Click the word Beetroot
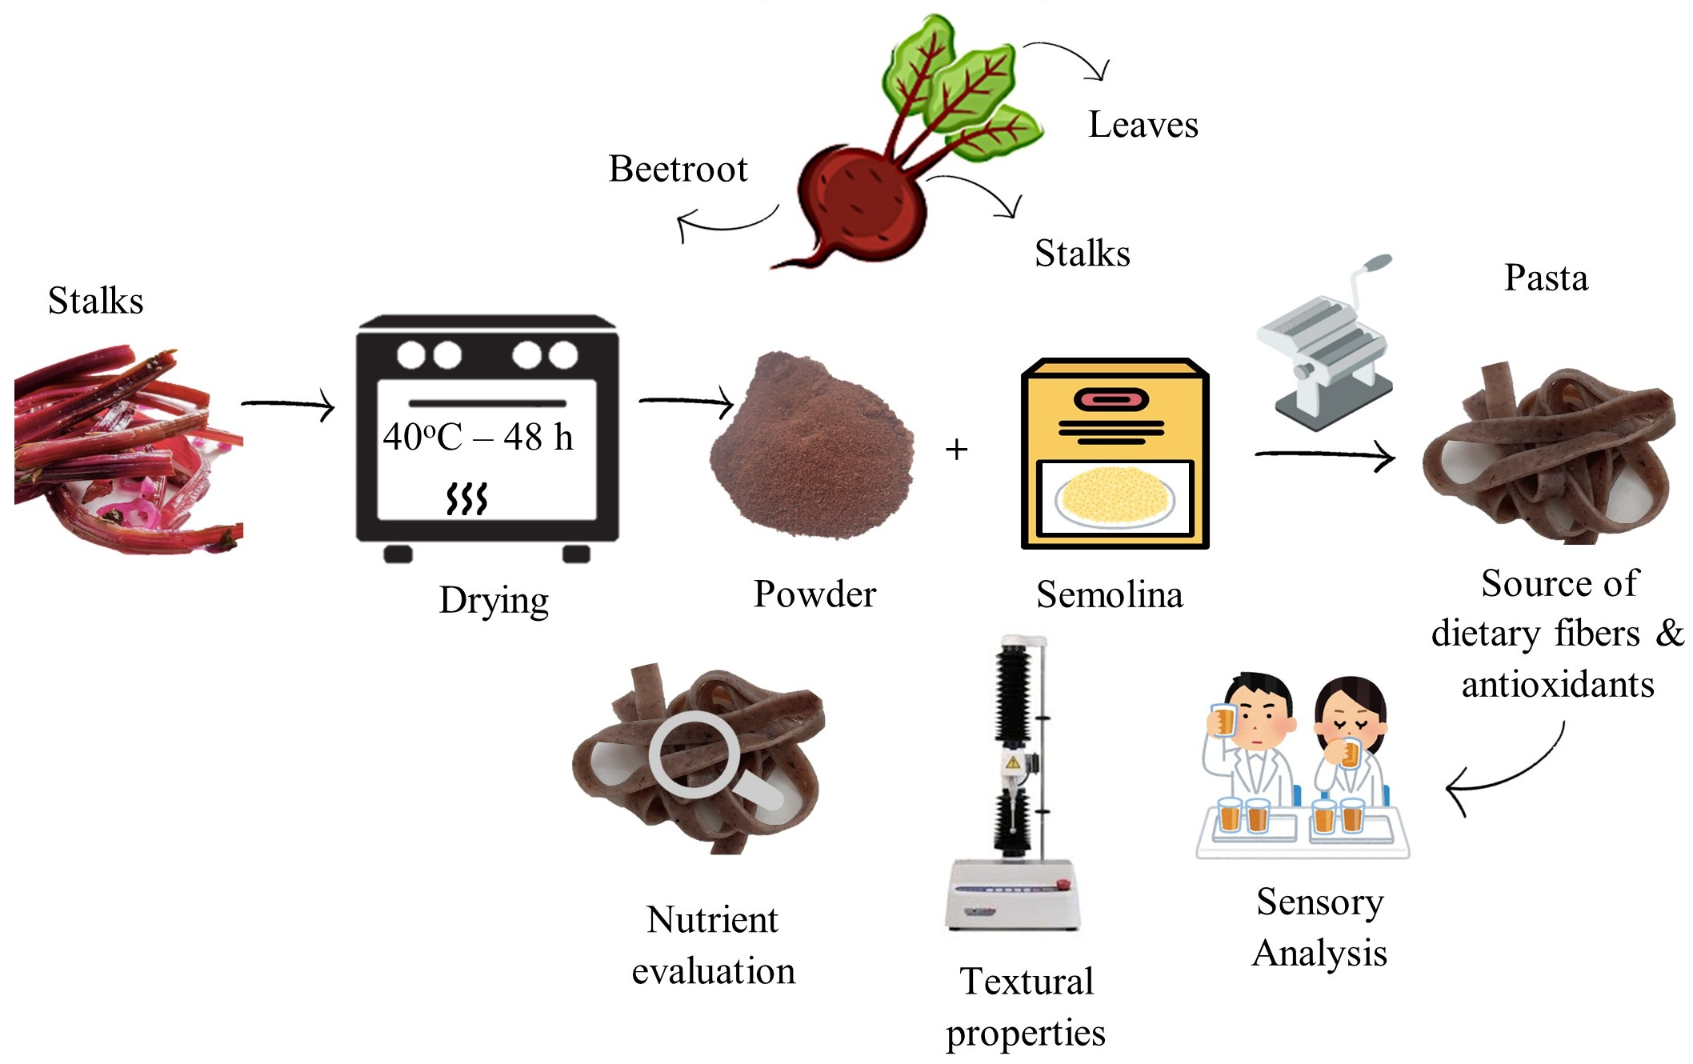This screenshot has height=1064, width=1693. (x=678, y=169)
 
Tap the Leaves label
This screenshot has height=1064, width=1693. (x=1143, y=125)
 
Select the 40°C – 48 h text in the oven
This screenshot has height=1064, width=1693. (x=478, y=437)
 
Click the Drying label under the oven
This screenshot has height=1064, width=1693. (x=494, y=600)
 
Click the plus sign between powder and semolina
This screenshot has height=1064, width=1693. (x=956, y=450)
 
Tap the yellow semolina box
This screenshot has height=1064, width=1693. (x=1115, y=453)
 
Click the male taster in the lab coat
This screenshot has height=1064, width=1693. (x=1252, y=744)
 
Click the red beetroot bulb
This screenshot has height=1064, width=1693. (x=860, y=200)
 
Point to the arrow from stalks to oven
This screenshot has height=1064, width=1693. (x=288, y=405)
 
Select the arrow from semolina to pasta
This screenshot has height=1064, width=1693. (x=1324, y=456)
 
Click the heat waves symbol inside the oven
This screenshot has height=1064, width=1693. (x=466, y=498)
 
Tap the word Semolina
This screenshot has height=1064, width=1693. (x=1109, y=595)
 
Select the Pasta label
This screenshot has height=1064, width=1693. (x=1546, y=278)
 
